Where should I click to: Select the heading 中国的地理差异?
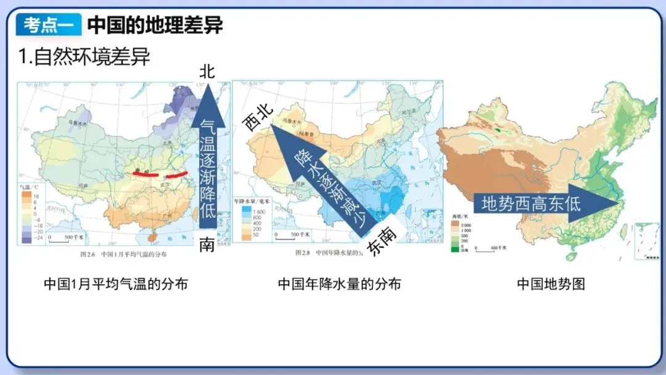(x=155, y=25)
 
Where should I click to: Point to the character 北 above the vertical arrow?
(x=207, y=72)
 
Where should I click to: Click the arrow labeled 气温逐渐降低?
(x=208, y=160)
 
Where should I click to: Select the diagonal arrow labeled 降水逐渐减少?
(x=324, y=179)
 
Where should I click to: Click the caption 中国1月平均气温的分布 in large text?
(x=116, y=284)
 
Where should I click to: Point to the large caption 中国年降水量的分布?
(x=339, y=284)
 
